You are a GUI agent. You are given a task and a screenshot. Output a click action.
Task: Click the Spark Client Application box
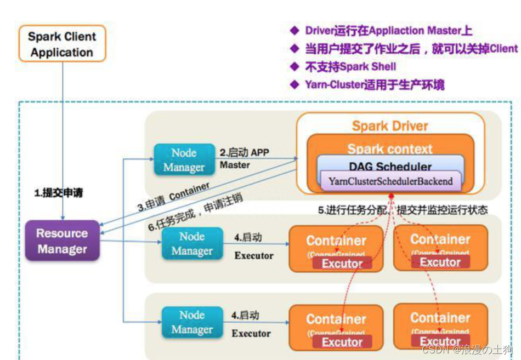(x=62, y=44)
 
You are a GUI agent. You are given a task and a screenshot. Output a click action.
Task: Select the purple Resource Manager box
(x=62, y=241)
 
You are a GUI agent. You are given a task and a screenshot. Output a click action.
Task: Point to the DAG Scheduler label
(x=390, y=167)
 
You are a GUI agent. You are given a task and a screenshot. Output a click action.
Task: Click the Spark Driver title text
(x=390, y=126)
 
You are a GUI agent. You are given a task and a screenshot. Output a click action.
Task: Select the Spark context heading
(x=390, y=148)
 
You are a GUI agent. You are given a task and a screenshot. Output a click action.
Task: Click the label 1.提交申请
(x=59, y=193)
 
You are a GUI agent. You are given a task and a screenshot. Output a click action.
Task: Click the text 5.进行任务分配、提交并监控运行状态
(x=403, y=210)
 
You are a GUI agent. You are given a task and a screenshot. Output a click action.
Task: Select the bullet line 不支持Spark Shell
(x=350, y=67)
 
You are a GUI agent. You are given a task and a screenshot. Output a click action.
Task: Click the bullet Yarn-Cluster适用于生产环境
(x=375, y=84)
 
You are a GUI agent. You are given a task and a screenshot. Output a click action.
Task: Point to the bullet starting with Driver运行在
(x=388, y=31)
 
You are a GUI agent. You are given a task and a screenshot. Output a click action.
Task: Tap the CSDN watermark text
(x=466, y=349)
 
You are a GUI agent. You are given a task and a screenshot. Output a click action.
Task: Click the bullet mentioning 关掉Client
(x=411, y=49)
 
